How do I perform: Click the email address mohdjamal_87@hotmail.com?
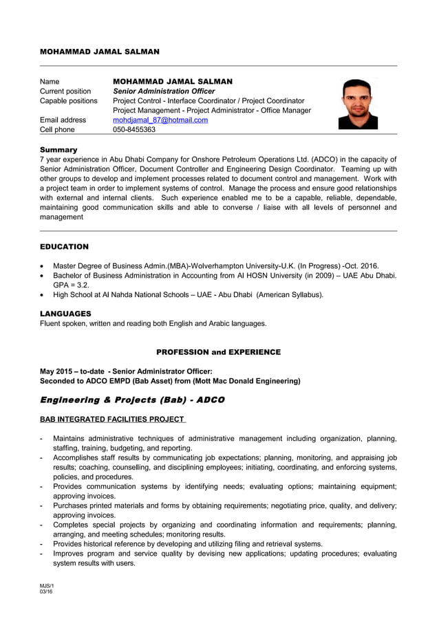point(160,120)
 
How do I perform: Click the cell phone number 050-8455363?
point(134,129)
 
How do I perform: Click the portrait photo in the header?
point(357,104)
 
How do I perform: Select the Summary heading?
point(58,149)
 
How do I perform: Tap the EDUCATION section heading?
point(64,246)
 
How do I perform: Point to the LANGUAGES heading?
point(65,314)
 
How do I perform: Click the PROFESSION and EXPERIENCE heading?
point(218,352)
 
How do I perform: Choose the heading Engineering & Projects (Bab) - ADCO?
point(132,400)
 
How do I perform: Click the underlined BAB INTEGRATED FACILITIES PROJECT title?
point(111,420)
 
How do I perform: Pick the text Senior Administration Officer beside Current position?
point(164,91)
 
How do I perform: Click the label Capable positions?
point(69,101)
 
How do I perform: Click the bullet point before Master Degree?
point(44,266)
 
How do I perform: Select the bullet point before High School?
point(44,295)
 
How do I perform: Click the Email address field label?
point(63,120)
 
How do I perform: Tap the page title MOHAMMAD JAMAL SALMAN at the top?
point(99,52)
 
